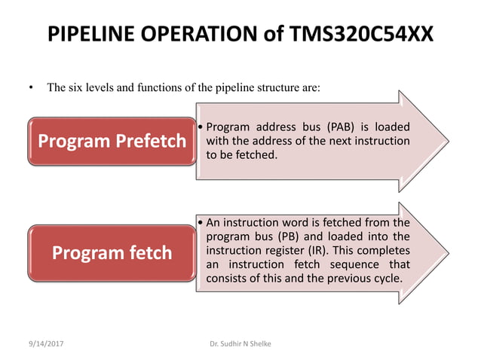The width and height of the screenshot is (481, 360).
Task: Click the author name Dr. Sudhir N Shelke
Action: tap(241, 343)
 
